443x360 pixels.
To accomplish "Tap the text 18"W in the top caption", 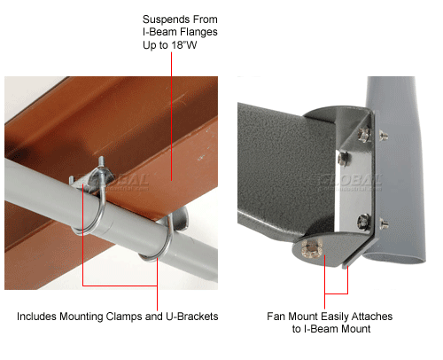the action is click(x=184, y=45).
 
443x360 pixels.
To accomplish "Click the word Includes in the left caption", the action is click(x=36, y=317).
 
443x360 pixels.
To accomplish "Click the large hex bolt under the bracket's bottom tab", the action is click(x=312, y=248).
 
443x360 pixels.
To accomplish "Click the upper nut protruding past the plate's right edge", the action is click(x=383, y=136).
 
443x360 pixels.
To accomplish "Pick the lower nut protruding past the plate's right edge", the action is click(x=383, y=223).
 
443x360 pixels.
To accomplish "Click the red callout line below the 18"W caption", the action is click(x=171, y=116).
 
